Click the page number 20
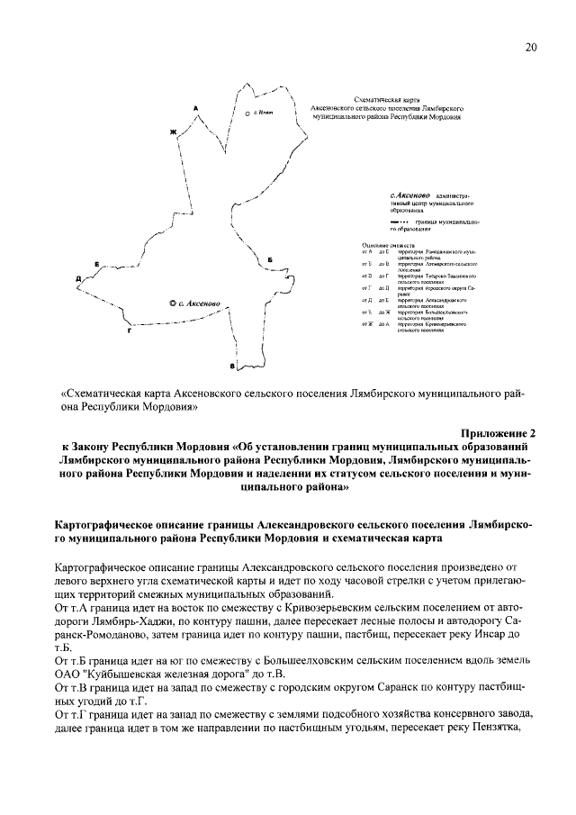pos(531,48)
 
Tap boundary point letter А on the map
pos(195,108)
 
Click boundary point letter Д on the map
pos(78,279)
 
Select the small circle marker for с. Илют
pos(247,115)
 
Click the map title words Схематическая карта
pos(387,101)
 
